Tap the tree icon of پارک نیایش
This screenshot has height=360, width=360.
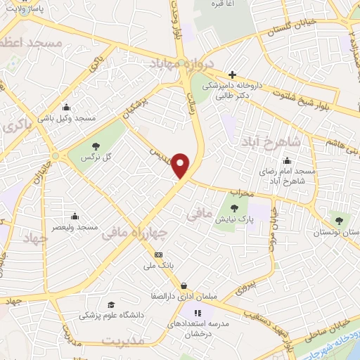tap(234, 208)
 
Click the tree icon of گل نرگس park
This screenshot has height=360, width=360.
tap(95, 146)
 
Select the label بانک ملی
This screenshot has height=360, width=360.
tap(158, 267)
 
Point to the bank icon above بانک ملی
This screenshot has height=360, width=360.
tap(158, 255)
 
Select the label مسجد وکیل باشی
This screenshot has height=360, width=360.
tap(66, 120)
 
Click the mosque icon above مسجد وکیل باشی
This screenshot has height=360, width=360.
tap(66, 108)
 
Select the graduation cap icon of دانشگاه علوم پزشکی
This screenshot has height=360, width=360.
tap(110, 304)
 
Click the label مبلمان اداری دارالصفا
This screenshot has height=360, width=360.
tap(184, 297)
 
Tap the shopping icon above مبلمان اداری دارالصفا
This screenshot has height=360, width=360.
tap(184, 285)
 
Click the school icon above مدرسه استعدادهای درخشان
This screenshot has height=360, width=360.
tap(198, 312)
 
